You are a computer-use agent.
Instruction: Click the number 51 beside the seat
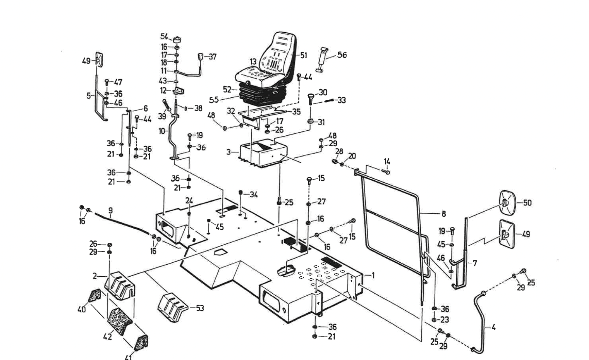point(303,55)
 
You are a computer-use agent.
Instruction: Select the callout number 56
point(342,55)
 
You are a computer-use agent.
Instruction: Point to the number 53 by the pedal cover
point(200,308)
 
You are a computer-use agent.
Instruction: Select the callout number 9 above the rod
point(111,211)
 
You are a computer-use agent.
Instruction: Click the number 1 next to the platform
point(373,275)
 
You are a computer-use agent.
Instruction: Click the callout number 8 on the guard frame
point(443,214)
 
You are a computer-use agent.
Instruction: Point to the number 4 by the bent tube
point(493,327)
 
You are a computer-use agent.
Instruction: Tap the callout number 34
point(253,195)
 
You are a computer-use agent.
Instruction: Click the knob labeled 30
point(311,99)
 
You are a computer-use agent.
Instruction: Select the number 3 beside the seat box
point(229,152)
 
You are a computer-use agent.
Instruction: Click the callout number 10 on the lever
point(162,131)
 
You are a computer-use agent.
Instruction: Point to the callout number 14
point(387,161)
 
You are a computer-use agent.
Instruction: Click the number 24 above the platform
point(189,201)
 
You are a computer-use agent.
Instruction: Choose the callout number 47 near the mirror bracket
point(118,82)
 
